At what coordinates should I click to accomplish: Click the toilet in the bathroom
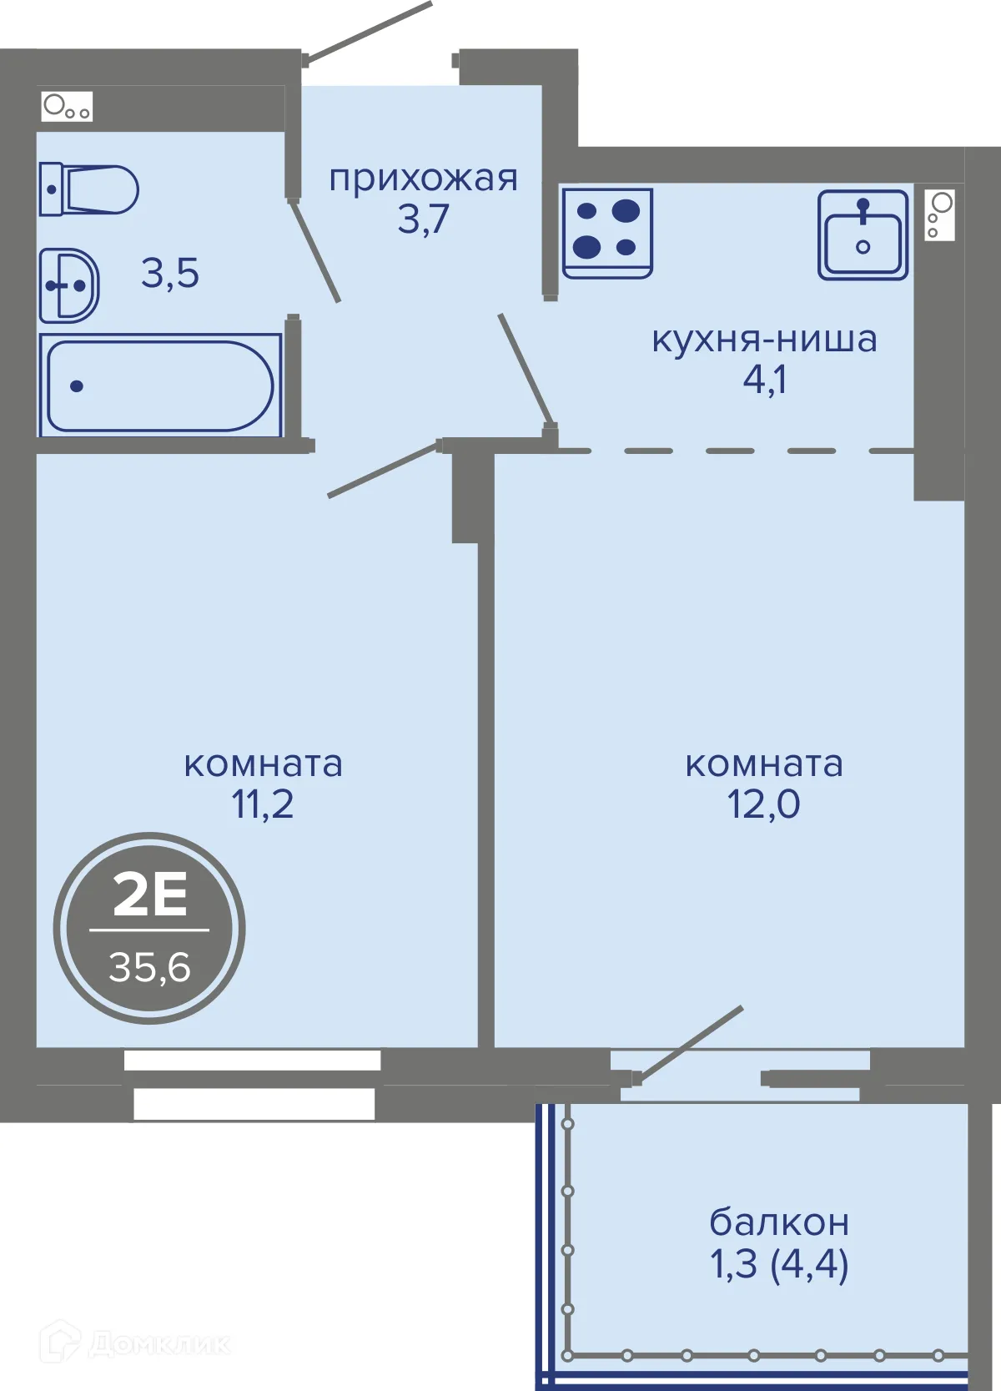click(88, 189)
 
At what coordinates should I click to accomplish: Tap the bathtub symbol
click(161, 385)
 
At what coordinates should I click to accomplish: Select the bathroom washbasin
click(68, 285)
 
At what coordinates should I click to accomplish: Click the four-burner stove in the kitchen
click(607, 233)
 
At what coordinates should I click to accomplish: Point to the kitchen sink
click(863, 234)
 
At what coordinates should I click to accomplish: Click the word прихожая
click(423, 179)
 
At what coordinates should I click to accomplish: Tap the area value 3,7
click(423, 219)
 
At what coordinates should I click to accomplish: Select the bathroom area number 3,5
click(169, 273)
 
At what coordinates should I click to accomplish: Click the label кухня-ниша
click(764, 339)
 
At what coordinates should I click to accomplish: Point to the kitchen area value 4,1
click(764, 379)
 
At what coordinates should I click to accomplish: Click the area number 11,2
click(263, 804)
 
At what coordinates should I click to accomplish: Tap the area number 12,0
click(764, 804)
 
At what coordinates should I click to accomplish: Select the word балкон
click(778, 1222)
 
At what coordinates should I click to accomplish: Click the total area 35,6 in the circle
click(149, 967)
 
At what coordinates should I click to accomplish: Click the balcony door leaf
click(689, 1044)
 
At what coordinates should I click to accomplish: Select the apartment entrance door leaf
click(369, 31)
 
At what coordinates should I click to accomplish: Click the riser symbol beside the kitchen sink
click(939, 214)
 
